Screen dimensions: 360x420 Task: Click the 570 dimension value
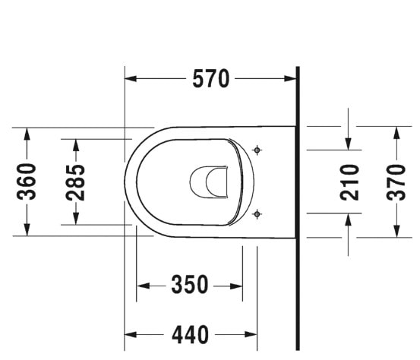point(210,78)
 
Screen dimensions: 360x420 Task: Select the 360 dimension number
point(28,182)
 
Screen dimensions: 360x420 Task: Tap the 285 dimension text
point(74,182)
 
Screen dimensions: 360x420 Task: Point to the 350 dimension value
point(190,286)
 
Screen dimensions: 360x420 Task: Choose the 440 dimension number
point(190,334)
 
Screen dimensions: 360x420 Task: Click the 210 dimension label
point(349,182)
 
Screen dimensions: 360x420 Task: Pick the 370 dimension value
point(396,182)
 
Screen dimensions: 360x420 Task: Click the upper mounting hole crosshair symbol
point(257,150)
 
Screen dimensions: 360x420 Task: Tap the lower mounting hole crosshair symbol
point(257,214)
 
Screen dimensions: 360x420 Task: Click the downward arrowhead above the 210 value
point(349,144)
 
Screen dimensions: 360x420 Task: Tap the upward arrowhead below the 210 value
point(349,220)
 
